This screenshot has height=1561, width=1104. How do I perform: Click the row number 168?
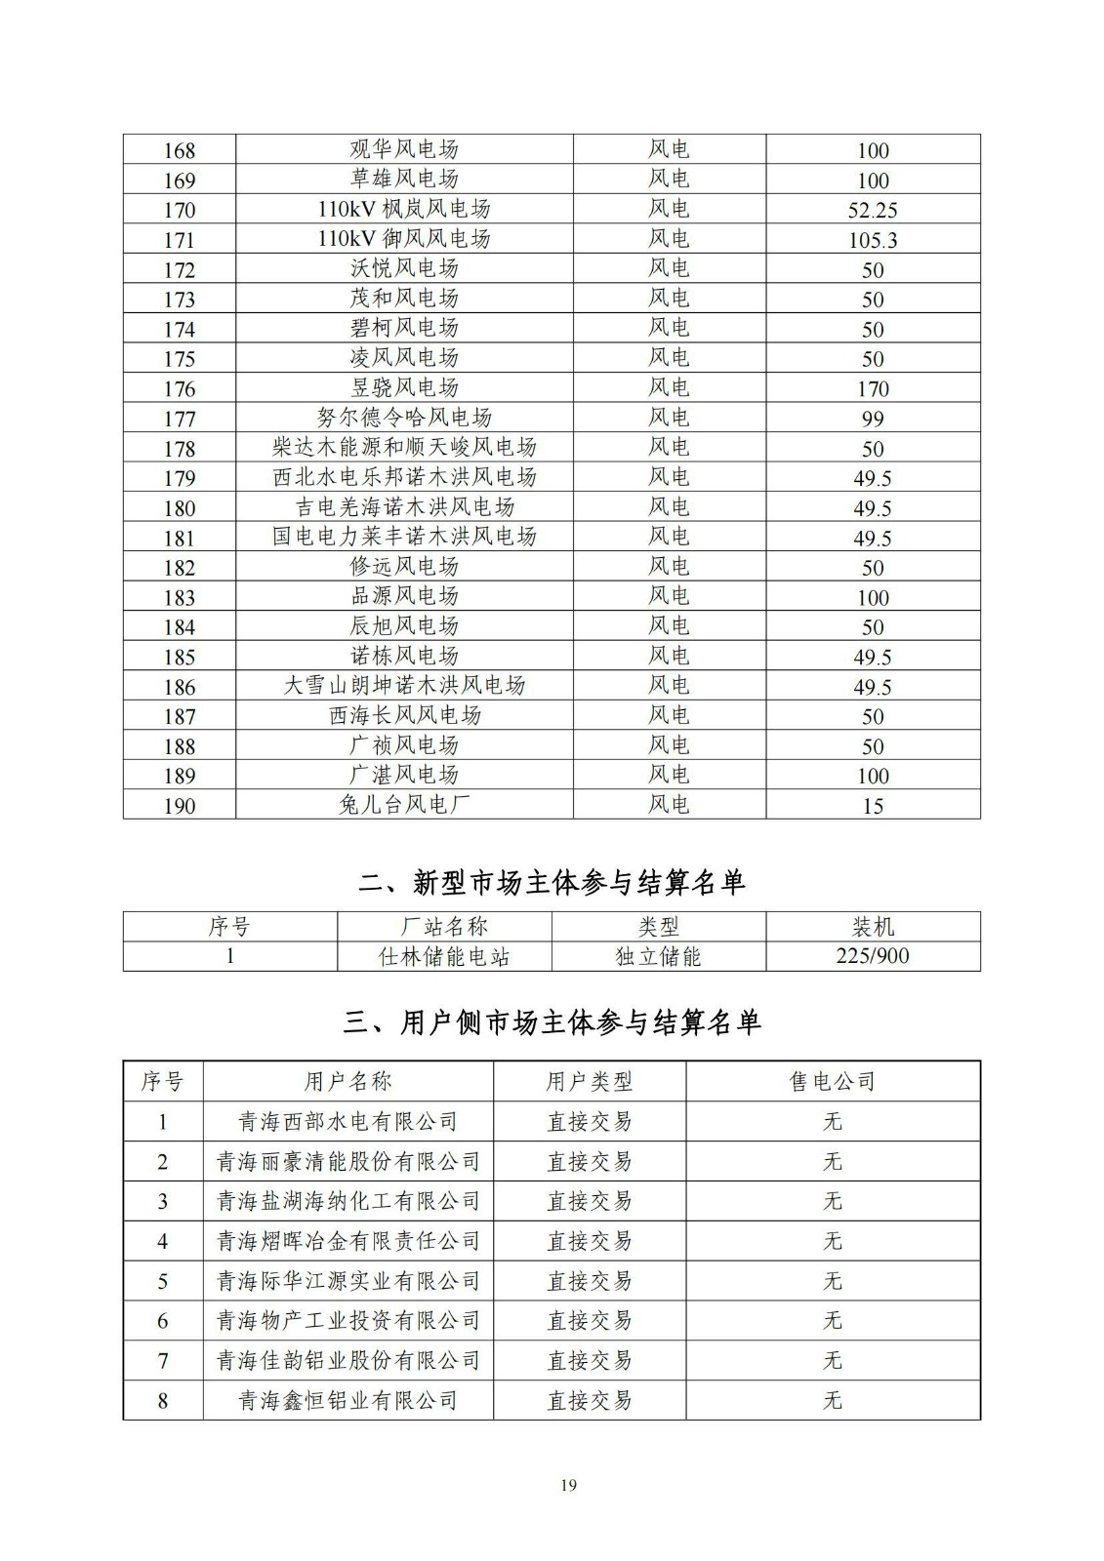point(180,150)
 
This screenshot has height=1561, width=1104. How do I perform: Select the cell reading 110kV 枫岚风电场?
point(404,210)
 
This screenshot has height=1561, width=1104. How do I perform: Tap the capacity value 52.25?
point(873,210)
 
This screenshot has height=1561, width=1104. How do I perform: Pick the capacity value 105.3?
point(873,240)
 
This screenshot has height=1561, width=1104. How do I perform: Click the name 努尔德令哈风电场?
point(404,419)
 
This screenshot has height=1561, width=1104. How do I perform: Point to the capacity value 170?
point(873,389)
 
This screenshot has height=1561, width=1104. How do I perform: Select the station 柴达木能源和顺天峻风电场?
point(404,448)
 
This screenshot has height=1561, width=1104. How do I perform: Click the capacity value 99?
point(873,419)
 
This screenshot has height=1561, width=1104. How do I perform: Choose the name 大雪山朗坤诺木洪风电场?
point(404,686)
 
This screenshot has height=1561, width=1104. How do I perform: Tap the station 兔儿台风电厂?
point(404,806)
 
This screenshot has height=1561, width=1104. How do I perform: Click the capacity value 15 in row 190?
point(873,806)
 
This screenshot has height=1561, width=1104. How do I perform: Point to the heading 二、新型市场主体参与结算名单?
point(552,883)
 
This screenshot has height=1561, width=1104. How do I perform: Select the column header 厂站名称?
point(444,927)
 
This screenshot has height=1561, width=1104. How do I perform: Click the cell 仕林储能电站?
point(444,956)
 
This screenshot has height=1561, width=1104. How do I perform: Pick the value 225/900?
point(873,956)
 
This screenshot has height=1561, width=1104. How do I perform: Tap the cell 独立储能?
point(658,956)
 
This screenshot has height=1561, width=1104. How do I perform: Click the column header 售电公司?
point(832,1081)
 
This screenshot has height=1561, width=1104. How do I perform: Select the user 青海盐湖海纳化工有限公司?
point(348,1201)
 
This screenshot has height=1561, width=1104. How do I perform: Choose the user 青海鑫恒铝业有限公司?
point(348,1401)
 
